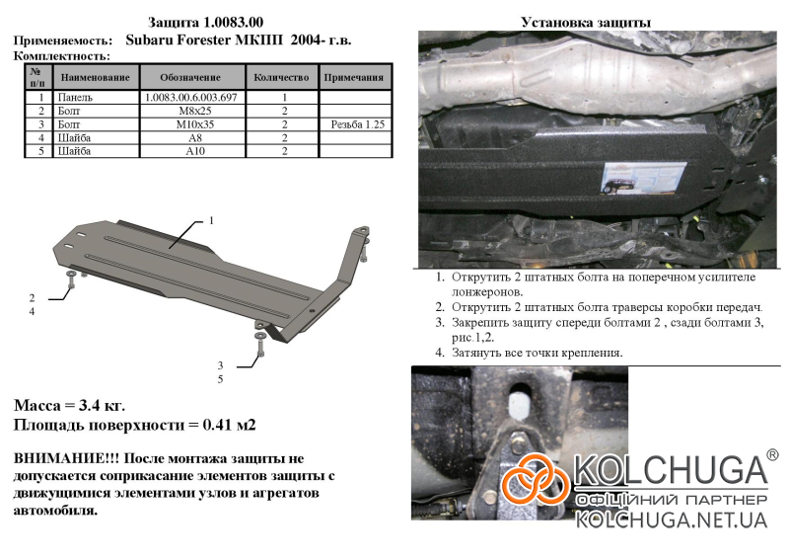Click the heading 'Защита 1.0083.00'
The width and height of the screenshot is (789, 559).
tap(205, 23)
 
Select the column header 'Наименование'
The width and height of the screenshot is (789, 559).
tap(95, 78)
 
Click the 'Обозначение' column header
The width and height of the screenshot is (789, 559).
tap(190, 78)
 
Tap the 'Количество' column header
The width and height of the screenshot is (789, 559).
tap(281, 78)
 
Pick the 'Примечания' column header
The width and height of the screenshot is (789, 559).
tap(354, 78)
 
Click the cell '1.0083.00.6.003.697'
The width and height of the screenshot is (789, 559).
tap(190, 98)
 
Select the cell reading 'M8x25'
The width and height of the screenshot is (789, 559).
tap(195, 111)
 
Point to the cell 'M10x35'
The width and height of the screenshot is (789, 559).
tap(195, 124)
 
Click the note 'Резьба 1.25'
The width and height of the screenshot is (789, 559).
tap(358, 124)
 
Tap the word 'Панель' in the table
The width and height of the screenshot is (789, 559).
tap(75, 98)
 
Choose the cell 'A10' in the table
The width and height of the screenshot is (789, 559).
tap(195, 151)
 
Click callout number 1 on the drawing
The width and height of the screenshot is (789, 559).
tap(211, 221)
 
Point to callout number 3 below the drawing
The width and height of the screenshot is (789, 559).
tap(220, 365)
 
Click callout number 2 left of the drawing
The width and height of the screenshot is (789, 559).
tap(32, 298)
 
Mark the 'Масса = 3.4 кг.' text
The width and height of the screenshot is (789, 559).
tap(69, 405)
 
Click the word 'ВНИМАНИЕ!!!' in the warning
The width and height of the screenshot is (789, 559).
tap(66, 458)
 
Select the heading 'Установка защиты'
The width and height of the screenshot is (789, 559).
tap(586, 23)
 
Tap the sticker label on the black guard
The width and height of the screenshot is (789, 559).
tap(644, 179)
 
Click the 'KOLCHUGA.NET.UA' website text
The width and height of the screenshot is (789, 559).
tap(672, 520)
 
